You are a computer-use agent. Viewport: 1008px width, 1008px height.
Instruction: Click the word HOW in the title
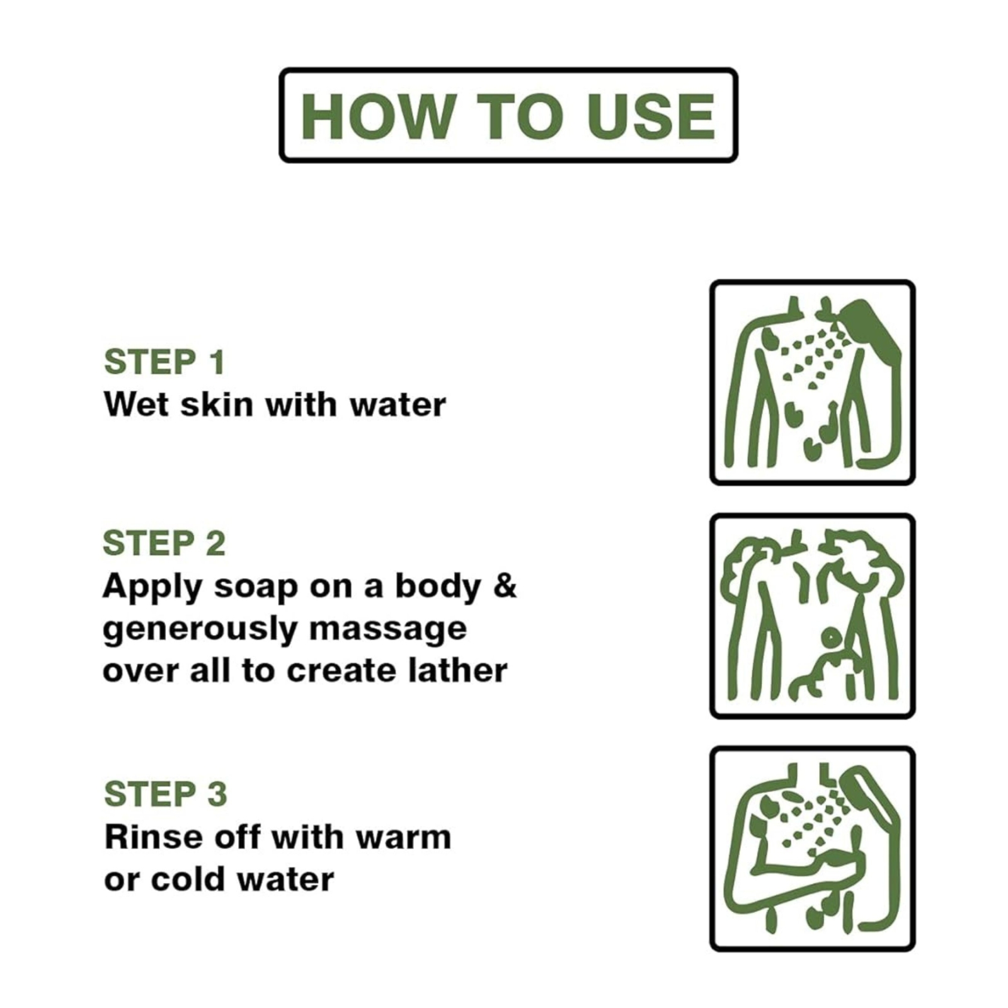point(378,116)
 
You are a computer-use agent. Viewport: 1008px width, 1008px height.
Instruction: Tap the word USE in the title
point(651,116)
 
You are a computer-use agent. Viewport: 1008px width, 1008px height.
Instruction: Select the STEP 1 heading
point(164,362)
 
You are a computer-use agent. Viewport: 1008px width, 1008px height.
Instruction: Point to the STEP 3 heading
point(165,794)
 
